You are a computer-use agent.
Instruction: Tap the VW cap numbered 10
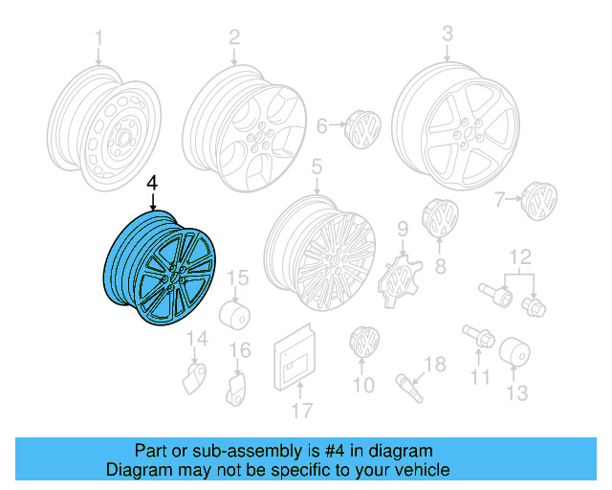365,344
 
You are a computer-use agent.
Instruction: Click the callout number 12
519,256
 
